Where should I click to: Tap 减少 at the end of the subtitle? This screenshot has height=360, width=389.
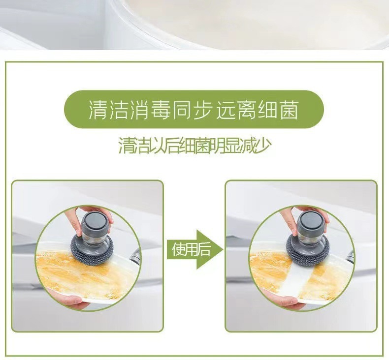coord(258,145)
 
